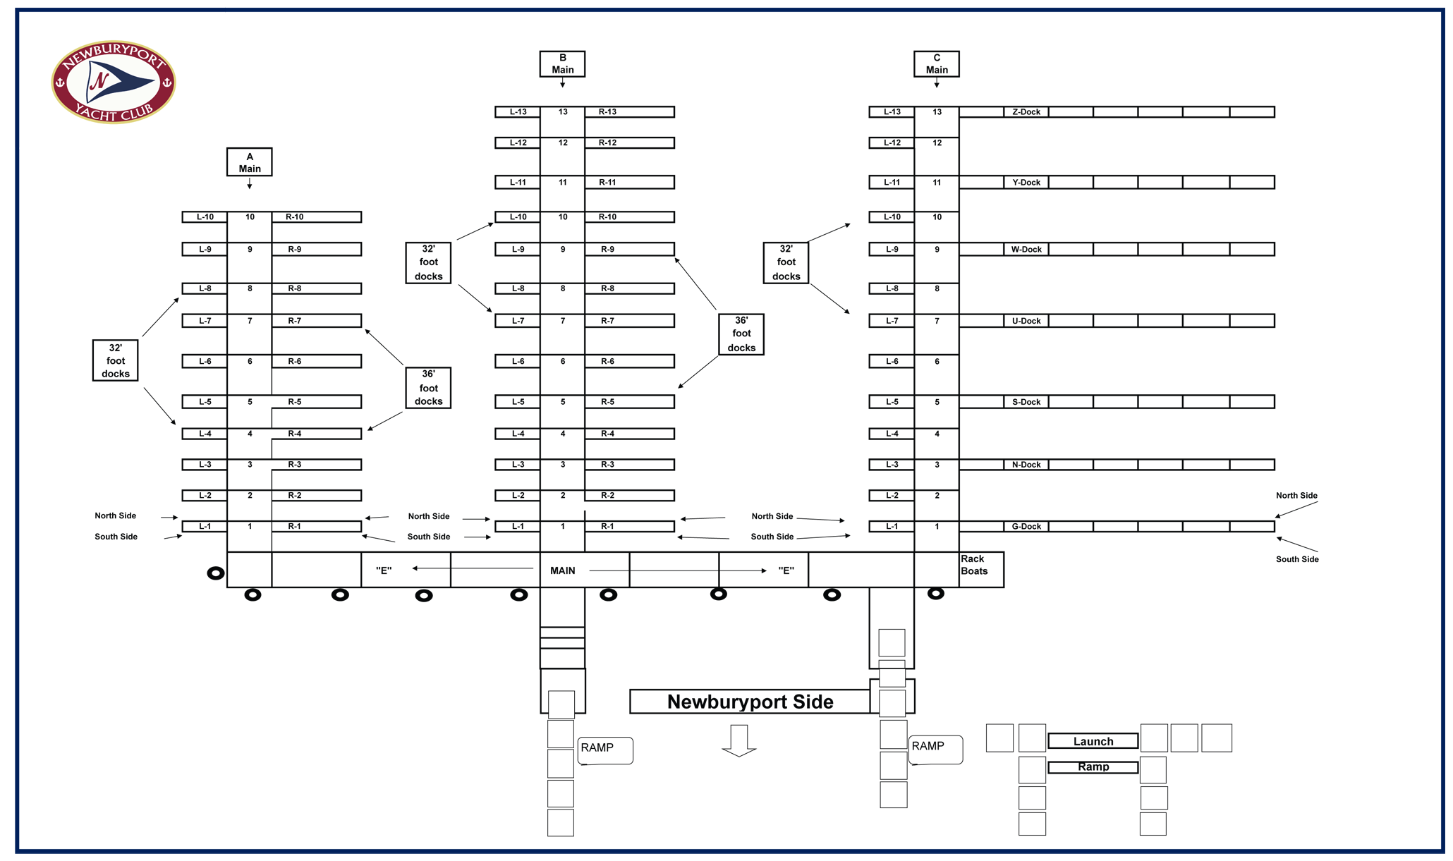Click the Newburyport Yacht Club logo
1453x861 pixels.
coord(113,82)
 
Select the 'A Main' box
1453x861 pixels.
coord(249,162)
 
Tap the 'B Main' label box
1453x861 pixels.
coord(562,63)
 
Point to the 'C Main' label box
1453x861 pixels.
coord(936,63)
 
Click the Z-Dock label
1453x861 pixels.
coord(1026,112)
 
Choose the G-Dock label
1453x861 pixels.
coord(1026,527)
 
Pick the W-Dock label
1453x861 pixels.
coord(1026,250)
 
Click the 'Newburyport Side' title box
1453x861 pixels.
coord(750,702)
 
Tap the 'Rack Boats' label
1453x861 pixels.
coord(973,565)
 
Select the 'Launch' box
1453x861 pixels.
coord(1093,741)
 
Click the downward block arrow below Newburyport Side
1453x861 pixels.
coord(738,740)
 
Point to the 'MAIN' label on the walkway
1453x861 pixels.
coord(562,570)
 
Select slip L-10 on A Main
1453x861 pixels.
coord(205,217)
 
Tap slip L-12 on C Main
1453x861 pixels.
coord(892,143)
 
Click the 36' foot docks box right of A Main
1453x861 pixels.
coord(428,388)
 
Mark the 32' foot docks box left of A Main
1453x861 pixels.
coord(115,360)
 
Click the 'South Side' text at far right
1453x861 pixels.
coord(1296,559)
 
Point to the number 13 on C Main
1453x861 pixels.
coord(937,112)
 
